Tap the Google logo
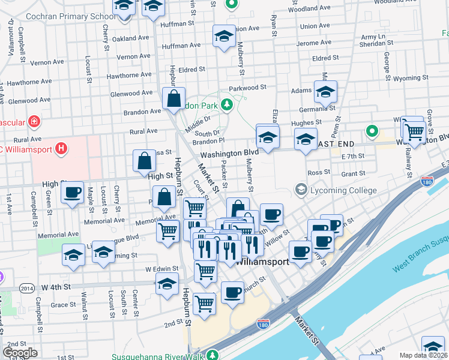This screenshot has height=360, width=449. pyautogui.click(x=20, y=353)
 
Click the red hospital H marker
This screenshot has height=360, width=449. pyautogui.click(x=60, y=148)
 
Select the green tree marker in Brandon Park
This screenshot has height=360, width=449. pyautogui.click(x=226, y=106)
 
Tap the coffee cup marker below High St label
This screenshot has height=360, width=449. pyautogui.click(x=73, y=193)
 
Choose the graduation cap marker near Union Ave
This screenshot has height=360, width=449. pyautogui.click(x=224, y=36)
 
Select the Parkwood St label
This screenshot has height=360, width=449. pyautogui.click(x=248, y=88)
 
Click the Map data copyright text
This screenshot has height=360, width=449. pyautogui.click(x=423, y=355)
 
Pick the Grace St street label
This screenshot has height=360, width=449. pyautogui.click(x=64, y=305)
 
